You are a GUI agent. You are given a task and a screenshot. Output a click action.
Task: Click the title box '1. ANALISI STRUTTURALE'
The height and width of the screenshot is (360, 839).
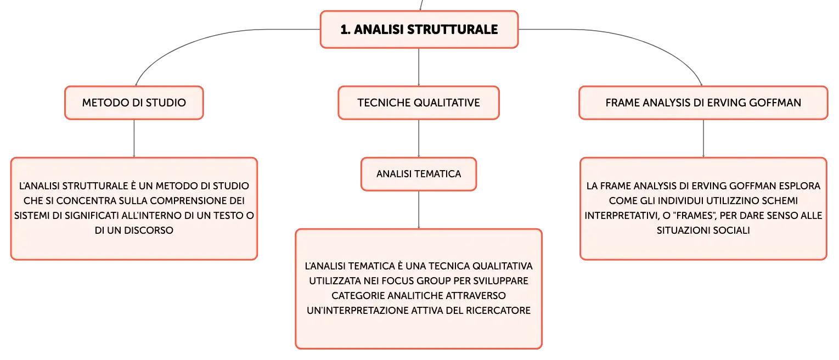pyautogui.click(x=419, y=29)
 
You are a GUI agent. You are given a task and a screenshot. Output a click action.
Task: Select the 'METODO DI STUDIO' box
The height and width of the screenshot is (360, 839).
pyautogui.click(x=134, y=103)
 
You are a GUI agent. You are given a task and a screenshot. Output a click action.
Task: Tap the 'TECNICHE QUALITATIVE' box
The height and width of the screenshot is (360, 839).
pyautogui.click(x=419, y=103)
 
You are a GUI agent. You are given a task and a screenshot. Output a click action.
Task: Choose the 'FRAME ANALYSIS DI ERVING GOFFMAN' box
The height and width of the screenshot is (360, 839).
pyautogui.click(x=703, y=103)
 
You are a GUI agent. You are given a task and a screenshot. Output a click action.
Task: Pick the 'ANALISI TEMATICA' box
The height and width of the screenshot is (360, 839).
pyautogui.click(x=419, y=174)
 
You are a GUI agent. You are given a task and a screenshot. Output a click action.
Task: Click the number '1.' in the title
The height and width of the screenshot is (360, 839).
pyautogui.click(x=345, y=29)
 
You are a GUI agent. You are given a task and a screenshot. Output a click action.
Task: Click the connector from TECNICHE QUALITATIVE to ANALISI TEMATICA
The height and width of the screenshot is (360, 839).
pyautogui.click(x=419, y=138)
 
